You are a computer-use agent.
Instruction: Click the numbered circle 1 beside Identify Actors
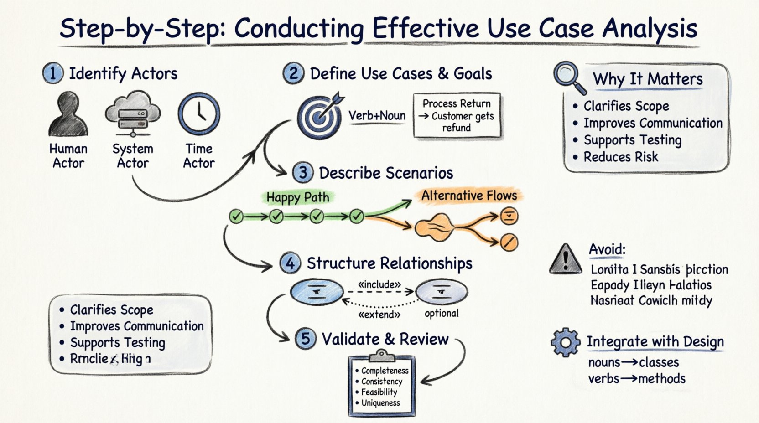point(53,73)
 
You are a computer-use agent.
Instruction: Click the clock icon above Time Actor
point(199,113)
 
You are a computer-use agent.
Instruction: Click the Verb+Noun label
point(377,116)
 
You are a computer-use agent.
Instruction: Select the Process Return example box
point(457,116)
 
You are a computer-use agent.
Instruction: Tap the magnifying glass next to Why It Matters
point(568,77)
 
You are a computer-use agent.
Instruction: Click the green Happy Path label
point(298,197)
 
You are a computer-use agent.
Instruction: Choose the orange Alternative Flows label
point(469,196)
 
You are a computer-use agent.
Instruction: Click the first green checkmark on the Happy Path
point(236,216)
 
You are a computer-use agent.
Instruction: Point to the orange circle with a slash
point(509,242)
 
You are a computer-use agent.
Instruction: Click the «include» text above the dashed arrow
point(379,284)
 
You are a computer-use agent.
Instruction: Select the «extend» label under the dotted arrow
point(379,315)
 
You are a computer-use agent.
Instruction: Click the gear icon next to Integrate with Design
point(566,342)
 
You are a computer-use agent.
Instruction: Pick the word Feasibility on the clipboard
point(379,392)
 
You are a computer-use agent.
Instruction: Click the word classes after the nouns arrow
point(659,362)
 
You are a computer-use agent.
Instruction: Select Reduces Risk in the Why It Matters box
point(621,157)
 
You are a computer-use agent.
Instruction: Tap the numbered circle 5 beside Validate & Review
point(305,339)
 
